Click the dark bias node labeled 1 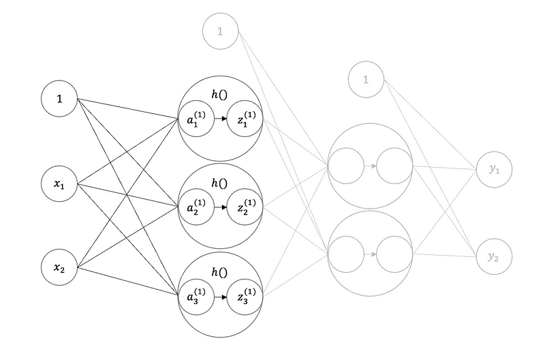pyautogui.click(x=59, y=98)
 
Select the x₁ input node pyautogui.click(x=59, y=183)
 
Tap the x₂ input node pyautogui.click(x=59, y=267)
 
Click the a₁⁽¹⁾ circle pyautogui.click(x=196, y=119)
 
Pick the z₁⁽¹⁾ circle pyautogui.click(x=245, y=119)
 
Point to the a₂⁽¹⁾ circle pyautogui.click(x=196, y=207)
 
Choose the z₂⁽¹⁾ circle pyautogui.click(x=245, y=207)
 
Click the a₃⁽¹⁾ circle pyautogui.click(x=196, y=297)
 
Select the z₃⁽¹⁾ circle pyautogui.click(x=245, y=297)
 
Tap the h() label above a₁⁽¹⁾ pyautogui.click(x=219, y=94)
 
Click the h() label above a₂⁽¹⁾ pyautogui.click(x=219, y=183)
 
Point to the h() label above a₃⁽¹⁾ pyautogui.click(x=219, y=272)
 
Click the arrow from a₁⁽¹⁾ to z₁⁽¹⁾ pyautogui.click(x=221, y=119)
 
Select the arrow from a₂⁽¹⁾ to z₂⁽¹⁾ pyautogui.click(x=221, y=207)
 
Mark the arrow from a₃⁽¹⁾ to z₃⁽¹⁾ pyautogui.click(x=221, y=297)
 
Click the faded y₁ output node pyautogui.click(x=494, y=169)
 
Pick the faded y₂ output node pyautogui.click(x=494, y=256)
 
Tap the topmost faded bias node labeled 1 pyautogui.click(x=220, y=31)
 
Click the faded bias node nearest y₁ pyautogui.click(x=366, y=80)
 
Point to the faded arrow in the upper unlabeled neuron pyautogui.click(x=371, y=166)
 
